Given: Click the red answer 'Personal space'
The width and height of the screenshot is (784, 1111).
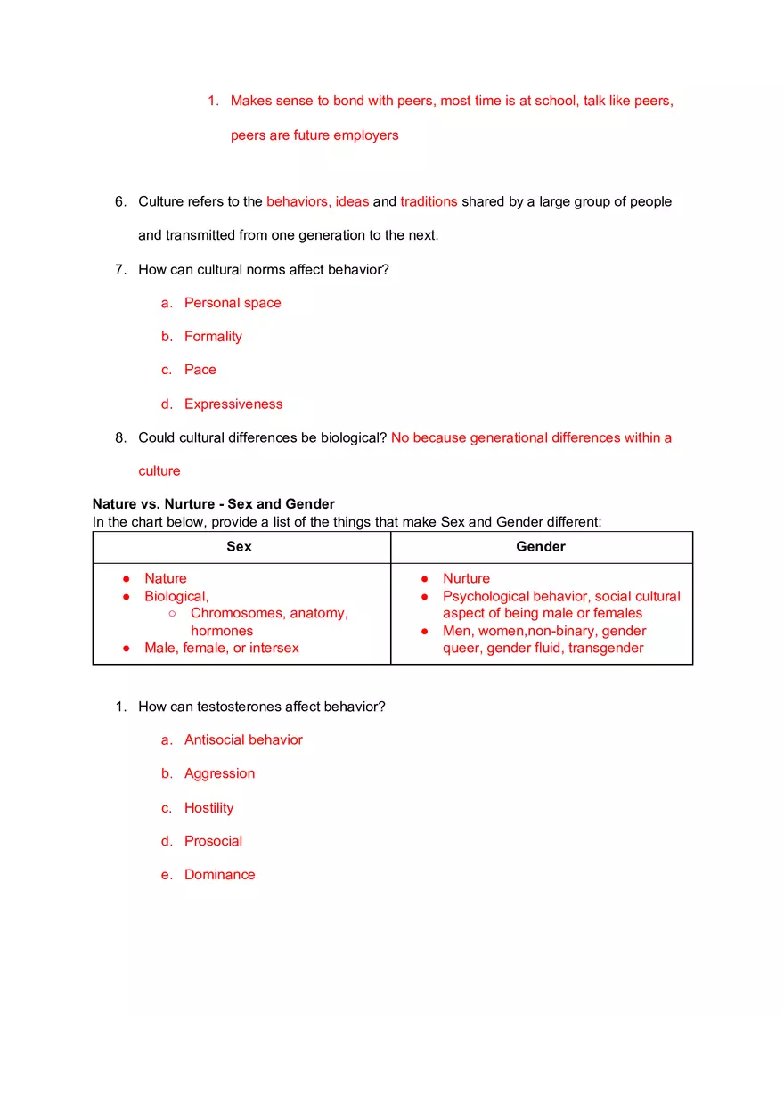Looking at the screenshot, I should pos(233,303).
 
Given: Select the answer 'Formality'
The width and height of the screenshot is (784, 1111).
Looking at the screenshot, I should pos(213,337).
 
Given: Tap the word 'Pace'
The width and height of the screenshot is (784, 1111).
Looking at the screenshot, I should pos(200,370).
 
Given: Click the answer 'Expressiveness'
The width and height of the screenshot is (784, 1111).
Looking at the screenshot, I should pos(233,404).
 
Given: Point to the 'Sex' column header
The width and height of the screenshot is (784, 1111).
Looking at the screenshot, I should pos(239,547).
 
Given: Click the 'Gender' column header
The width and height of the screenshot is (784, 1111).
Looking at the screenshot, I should pos(541,547).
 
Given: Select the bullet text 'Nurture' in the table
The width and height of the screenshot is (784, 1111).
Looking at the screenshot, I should pos(466,579).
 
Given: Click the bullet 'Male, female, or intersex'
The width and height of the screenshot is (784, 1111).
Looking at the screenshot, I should pos(222,649).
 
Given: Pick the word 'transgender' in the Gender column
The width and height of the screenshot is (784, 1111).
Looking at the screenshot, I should pos(606,649).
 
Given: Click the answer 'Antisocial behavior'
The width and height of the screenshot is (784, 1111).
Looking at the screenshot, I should pos(243,740).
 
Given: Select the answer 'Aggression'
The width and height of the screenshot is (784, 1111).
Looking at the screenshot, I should pos(219,774).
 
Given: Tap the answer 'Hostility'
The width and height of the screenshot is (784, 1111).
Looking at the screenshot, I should pos(208,808).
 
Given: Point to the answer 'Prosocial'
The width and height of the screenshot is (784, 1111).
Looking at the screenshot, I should pos(213,841).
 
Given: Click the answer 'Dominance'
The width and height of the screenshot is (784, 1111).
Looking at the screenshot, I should pos(219,875).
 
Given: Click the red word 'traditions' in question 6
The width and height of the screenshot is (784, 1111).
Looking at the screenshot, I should pos(429,202).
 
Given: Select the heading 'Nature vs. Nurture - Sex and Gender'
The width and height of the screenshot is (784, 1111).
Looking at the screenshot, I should pos(214,504).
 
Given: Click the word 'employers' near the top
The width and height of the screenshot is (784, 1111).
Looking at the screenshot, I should pos(367,135).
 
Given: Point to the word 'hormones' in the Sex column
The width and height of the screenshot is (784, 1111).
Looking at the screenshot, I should pos(222,631).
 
